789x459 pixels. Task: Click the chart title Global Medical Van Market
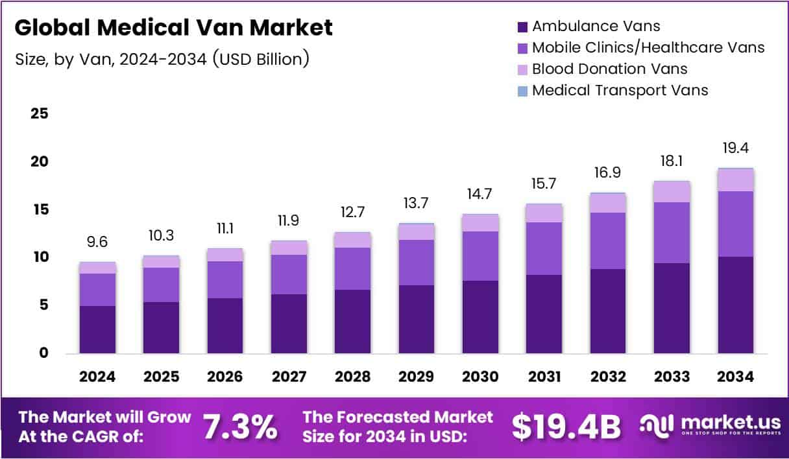pyautogui.click(x=173, y=27)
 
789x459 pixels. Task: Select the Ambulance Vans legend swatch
pyautogui.click(x=522, y=27)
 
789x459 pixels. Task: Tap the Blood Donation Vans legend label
pyautogui.click(x=609, y=69)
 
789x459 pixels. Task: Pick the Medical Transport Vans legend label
pyautogui.click(x=620, y=90)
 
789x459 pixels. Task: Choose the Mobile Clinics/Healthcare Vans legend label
pyautogui.click(x=648, y=47)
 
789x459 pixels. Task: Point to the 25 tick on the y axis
pyautogui.click(x=40, y=114)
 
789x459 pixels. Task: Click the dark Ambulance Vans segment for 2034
pyautogui.click(x=736, y=305)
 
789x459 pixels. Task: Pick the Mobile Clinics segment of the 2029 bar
pyautogui.click(x=417, y=263)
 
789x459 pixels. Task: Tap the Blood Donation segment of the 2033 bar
pyautogui.click(x=672, y=192)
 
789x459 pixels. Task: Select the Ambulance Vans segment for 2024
pyautogui.click(x=97, y=329)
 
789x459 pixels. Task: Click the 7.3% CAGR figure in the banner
pyautogui.click(x=240, y=427)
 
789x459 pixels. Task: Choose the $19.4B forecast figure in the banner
pyautogui.click(x=566, y=427)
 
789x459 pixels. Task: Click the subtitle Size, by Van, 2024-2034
pyautogui.click(x=162, y=60)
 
